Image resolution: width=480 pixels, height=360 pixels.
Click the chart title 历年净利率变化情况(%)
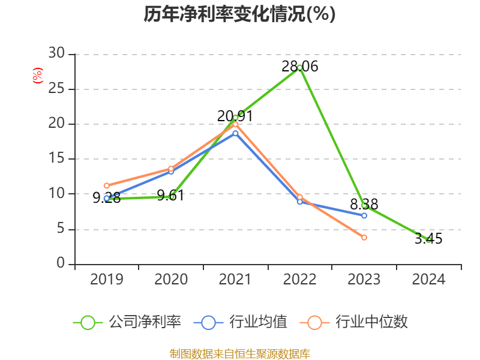point(239,14)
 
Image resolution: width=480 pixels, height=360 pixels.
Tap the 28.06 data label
point(300,67)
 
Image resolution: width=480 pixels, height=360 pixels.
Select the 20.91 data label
point(235,116)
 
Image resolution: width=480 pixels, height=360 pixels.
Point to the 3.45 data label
point(428,239)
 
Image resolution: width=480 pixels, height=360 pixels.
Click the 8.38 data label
point(364,205)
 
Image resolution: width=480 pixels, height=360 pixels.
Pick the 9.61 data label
point(170,196)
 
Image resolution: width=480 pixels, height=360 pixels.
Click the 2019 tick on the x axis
point(107,279)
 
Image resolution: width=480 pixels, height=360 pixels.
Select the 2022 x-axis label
point(300,279)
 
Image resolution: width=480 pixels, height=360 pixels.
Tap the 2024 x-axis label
point(428,279)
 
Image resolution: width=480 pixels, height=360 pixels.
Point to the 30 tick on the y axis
point(56,54)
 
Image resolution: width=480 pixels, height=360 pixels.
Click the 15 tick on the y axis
point(56,159)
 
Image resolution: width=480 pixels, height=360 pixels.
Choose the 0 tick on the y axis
point(61,264)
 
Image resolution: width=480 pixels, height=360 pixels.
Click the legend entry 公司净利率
point(144,322)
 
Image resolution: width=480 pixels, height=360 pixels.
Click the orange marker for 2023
point(364,238)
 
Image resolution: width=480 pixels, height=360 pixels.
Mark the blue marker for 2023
point(364,215)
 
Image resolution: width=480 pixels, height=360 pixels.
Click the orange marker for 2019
point(107,186)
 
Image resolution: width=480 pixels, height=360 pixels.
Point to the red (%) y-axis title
point(38,76)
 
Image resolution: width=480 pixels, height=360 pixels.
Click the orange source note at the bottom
point(240,353)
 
